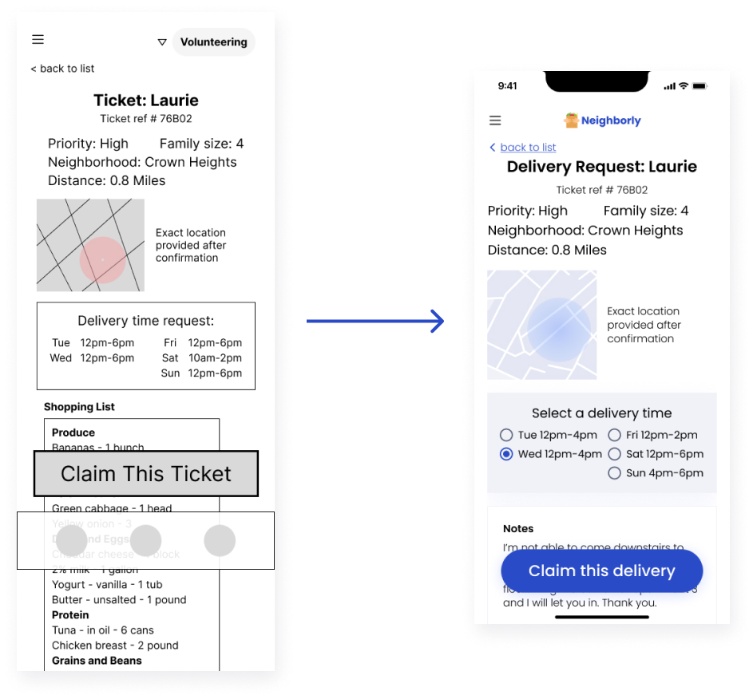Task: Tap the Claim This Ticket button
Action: (146, 474)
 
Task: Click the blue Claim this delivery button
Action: (601, 571)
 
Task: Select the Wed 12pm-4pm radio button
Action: (506, 454)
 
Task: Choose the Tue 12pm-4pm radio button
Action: (506, 435)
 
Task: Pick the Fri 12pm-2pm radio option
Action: (615, 435)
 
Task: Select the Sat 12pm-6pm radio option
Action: (615, 454)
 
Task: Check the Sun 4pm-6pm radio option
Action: (615, 473)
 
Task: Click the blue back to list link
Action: (527, 148)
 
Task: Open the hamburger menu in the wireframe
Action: (38, 40)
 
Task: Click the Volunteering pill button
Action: (213, 42)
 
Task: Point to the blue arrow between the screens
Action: (375, 322)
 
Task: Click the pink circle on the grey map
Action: (102, 260)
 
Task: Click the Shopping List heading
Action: (79, 407)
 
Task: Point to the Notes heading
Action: (518, 528)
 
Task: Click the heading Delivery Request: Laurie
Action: (601, 167)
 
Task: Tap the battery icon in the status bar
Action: (699, 85)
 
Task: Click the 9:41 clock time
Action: (507, 86)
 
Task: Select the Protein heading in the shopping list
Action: (70, 615)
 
